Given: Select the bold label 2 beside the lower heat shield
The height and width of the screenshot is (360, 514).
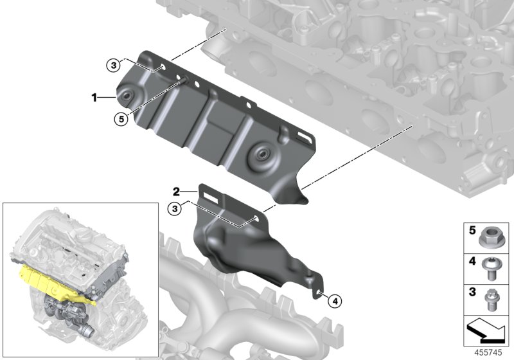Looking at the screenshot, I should tap(175, 191).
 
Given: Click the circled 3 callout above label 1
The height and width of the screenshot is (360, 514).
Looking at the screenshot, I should tap(113, 64).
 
